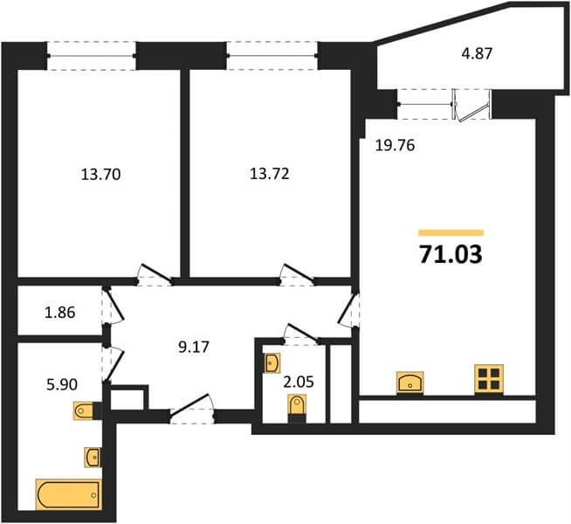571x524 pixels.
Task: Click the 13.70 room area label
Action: [100, 175]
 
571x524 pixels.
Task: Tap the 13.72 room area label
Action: [270, 174]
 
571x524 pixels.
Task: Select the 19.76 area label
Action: [396, 146]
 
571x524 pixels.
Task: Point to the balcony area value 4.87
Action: [477, 53]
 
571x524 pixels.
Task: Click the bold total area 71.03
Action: [451, 254]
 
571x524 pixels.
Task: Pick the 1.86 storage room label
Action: [60, 313]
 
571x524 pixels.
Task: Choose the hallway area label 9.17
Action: [194, 347]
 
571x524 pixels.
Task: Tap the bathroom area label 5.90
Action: [62, 384]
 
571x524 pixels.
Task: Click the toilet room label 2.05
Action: [299, 383]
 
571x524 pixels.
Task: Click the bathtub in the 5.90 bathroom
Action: [68, 494]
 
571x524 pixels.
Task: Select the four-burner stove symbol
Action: [489, 379]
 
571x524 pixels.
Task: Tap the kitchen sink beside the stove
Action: [410, 383]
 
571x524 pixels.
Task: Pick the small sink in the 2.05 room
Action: [272, 363]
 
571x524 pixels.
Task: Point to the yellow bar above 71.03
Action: [451, 232]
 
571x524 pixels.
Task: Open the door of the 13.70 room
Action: [155, 276]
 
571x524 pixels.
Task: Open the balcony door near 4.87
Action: [471, 106]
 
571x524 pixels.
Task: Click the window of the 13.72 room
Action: [272, 56]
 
